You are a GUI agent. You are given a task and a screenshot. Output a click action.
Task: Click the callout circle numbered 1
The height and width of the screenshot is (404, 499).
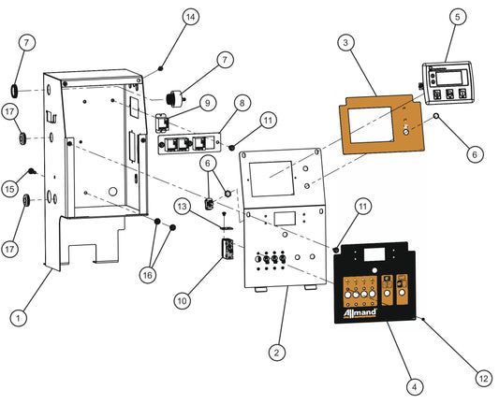17,318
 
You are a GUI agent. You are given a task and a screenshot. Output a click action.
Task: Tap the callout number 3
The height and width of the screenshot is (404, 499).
345,43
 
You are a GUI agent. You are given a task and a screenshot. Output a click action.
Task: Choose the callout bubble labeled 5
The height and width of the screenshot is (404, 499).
457,17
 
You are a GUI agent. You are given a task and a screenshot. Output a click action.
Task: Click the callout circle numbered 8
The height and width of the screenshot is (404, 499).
242,102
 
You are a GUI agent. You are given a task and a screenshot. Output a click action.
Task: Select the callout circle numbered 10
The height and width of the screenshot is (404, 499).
183,300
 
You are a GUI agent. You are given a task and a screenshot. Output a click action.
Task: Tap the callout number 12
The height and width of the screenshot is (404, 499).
483,378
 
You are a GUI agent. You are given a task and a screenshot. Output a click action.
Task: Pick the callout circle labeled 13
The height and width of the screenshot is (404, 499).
183,204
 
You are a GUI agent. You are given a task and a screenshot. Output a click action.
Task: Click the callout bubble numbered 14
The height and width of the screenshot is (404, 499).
190,17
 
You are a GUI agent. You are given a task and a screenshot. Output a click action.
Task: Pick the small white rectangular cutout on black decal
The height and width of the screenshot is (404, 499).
378,254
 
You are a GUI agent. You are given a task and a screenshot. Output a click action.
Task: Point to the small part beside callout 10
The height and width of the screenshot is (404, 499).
225,251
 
